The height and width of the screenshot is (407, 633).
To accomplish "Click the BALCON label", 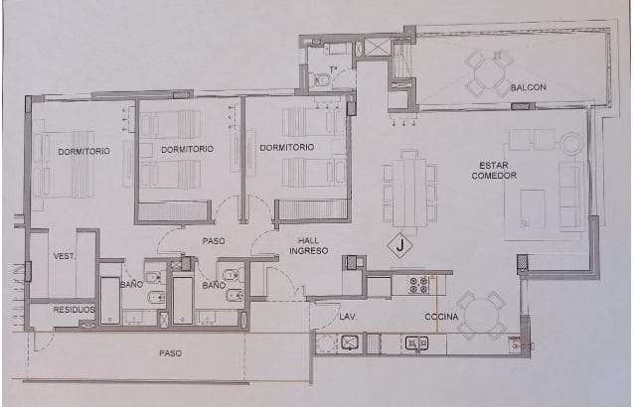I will click(529, 87).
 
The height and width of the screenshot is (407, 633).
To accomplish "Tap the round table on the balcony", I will click(490, 72).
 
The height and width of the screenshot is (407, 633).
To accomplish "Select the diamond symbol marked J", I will click(399, 243).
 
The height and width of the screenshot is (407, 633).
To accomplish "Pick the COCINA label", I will click(441, 318).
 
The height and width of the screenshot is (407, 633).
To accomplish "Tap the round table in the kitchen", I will click(482, 314).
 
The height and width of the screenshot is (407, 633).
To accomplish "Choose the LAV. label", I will click(347, 318).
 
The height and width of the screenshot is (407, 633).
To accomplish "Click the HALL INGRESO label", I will click(309, 245).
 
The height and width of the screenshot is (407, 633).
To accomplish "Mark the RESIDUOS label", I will click(73, 310).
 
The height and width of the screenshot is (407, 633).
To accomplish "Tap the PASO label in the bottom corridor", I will click(171, 353).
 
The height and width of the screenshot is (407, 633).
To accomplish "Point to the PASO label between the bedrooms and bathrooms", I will click(214, 240).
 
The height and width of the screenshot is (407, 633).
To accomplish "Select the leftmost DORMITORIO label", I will click(82, 151).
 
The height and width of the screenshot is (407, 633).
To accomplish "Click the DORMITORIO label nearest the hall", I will click(286, 147).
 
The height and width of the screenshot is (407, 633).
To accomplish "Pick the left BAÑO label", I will click(132, 285).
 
